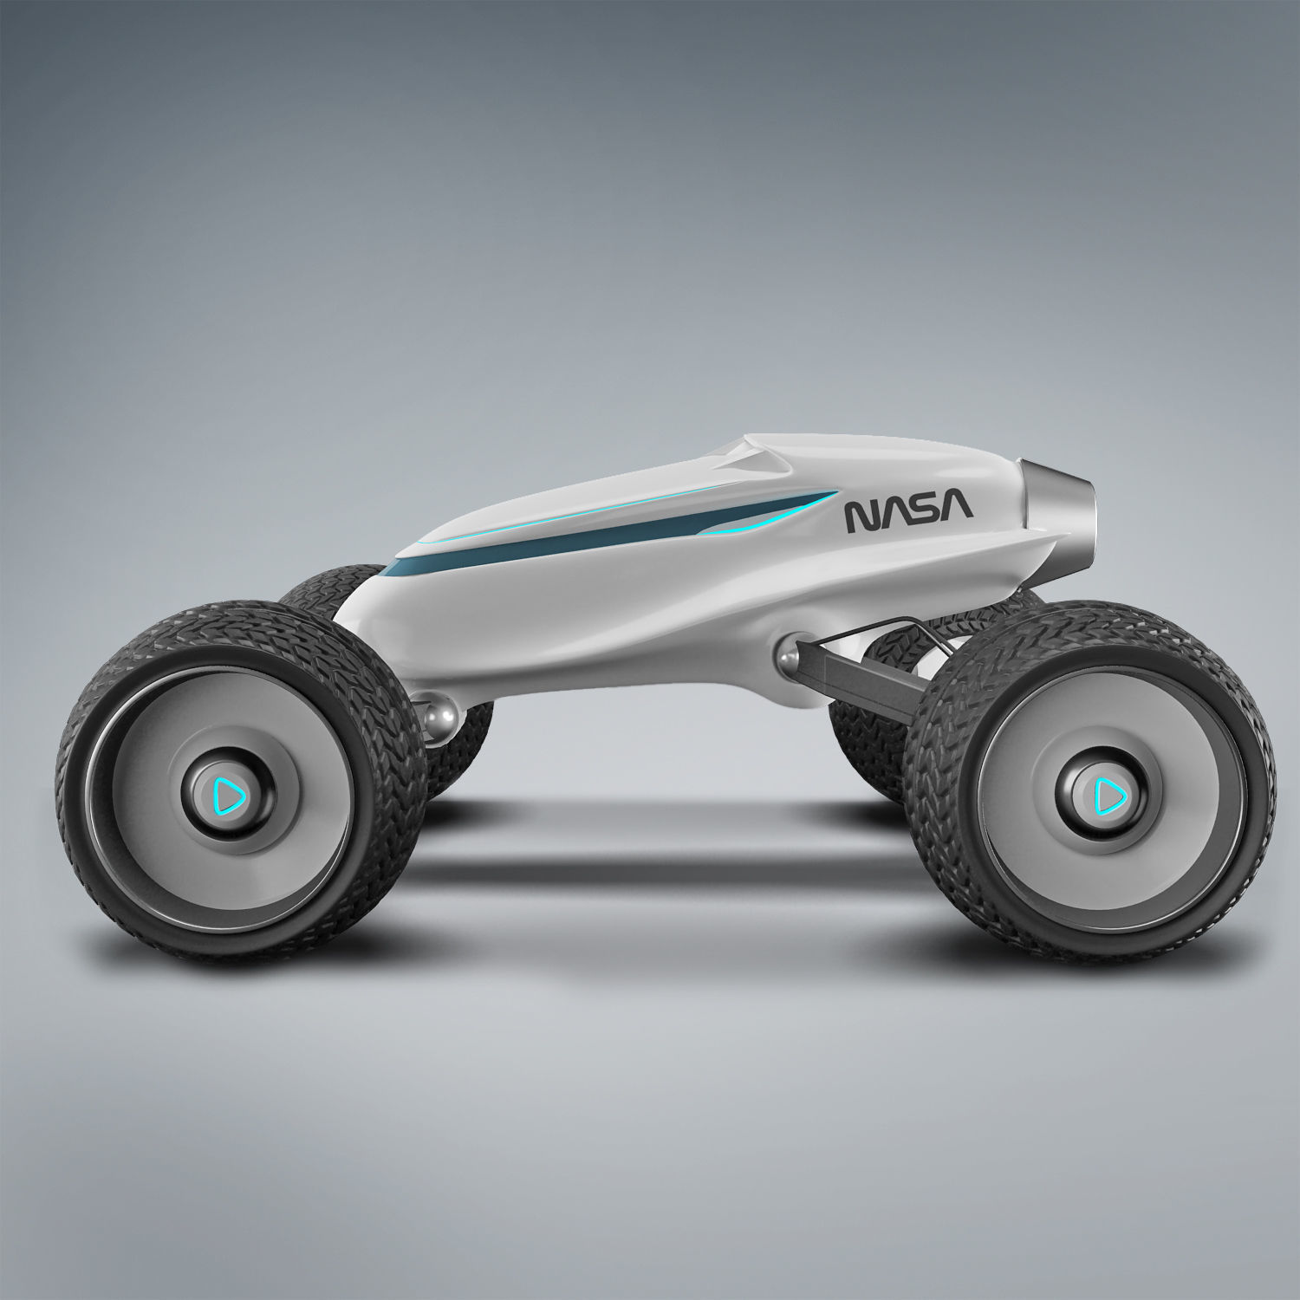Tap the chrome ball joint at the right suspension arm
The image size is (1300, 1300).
791,651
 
